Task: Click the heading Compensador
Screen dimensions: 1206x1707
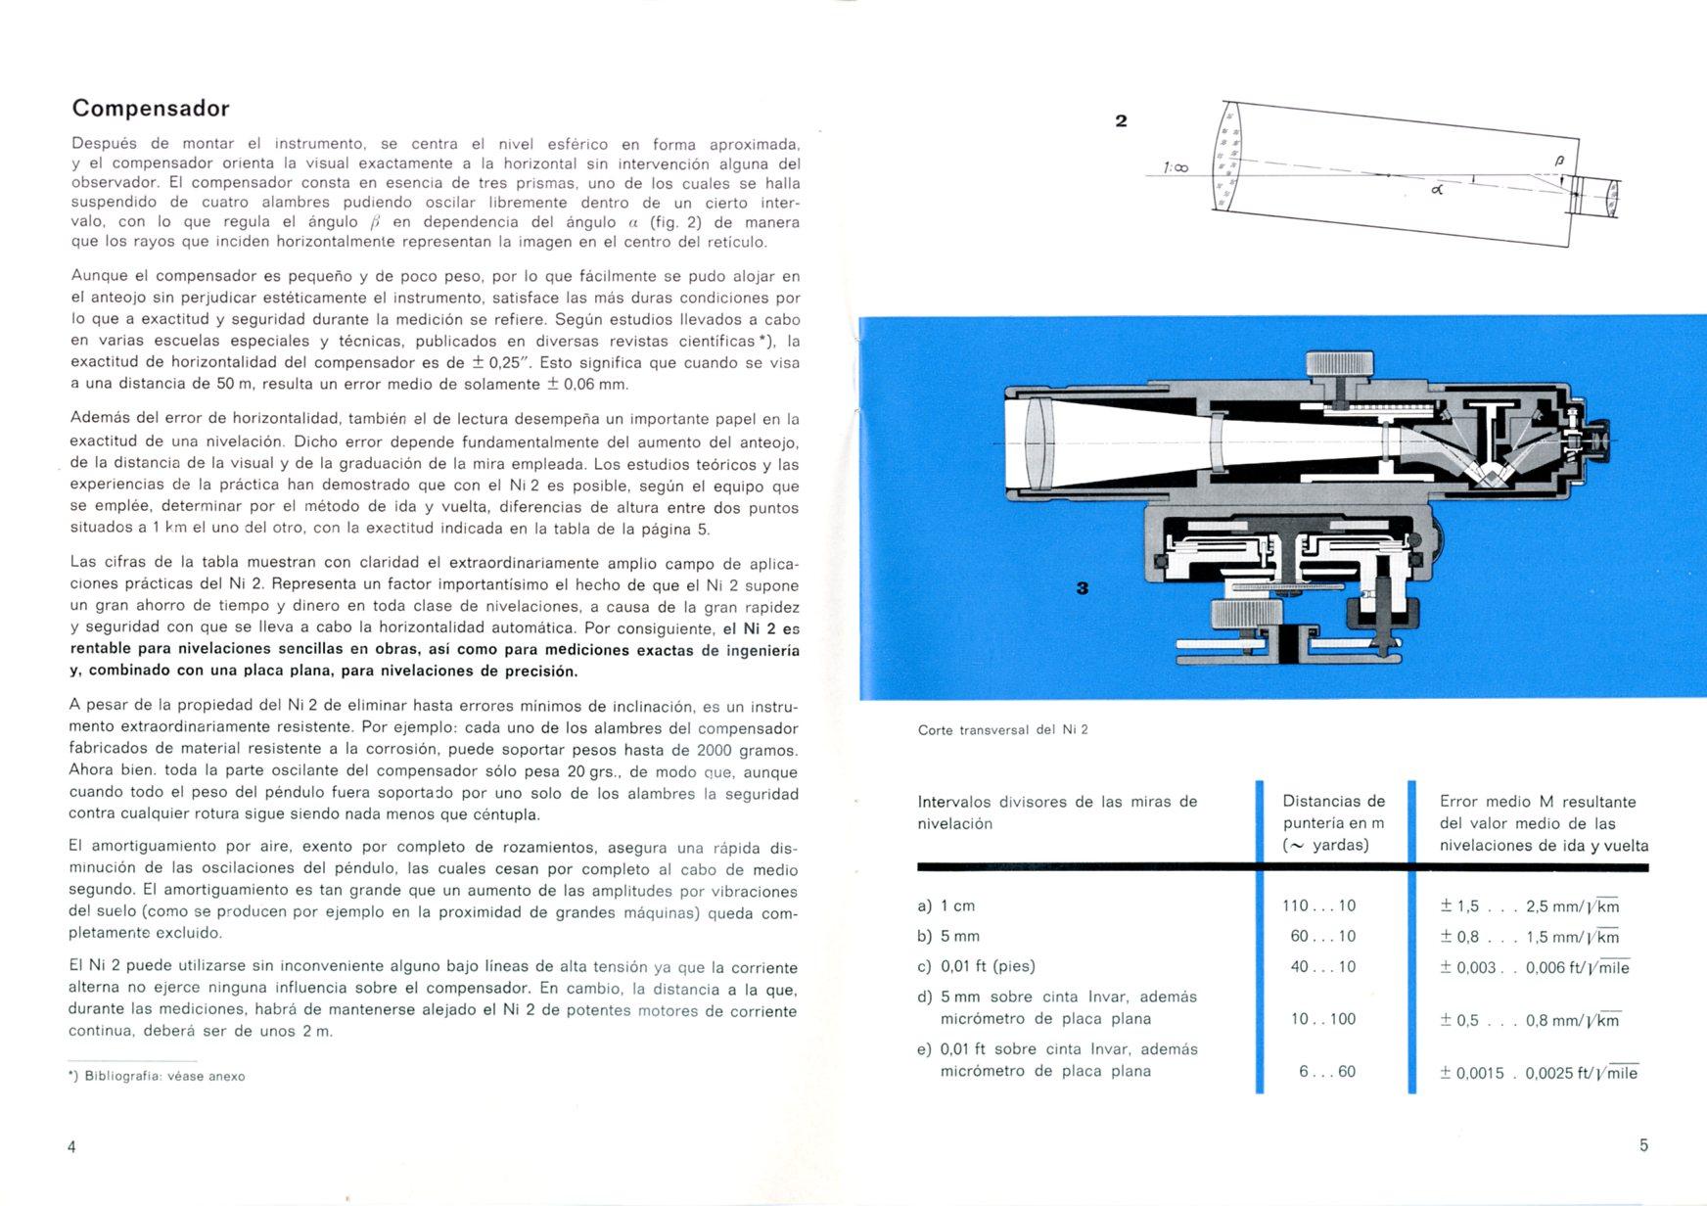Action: pyautogui.click(x=151, y=108)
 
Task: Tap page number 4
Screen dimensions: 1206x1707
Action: pyautogui.click(x=71, y=1146)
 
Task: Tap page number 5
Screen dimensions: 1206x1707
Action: pyautogui.click(x=1643, y=1144)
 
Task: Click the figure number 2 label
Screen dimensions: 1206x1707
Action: pyautogui.click(x=1121, y=120)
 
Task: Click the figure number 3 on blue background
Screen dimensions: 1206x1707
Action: pyautogui.click(x=1083, y=587)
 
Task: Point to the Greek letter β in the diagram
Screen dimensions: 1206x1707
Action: pyautogui.click(x=1559, y=160)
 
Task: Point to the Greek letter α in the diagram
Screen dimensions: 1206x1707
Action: pyautogui.click(x=1437, y=190)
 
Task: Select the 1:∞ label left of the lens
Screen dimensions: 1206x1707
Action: pyautogui.click(x=1176, y=168)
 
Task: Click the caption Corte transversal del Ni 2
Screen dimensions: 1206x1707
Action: pyautogui.click(x=1002, y=729)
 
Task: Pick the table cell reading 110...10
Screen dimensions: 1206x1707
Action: pyautogui.click(x=1319, y=905)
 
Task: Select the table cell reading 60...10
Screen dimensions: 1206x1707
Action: pyautogui.click(x=1322, y=936)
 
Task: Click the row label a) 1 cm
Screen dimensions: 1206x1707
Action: pyautogui.click(x=946, y=905)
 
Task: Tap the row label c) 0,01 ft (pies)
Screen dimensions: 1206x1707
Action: pyautogui.click(x=976, y=966)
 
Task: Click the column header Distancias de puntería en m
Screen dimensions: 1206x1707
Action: pyautogui.click(x=1333, y=822)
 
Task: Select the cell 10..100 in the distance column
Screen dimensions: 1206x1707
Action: pyautogui.click(x=1322, y=1019)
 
